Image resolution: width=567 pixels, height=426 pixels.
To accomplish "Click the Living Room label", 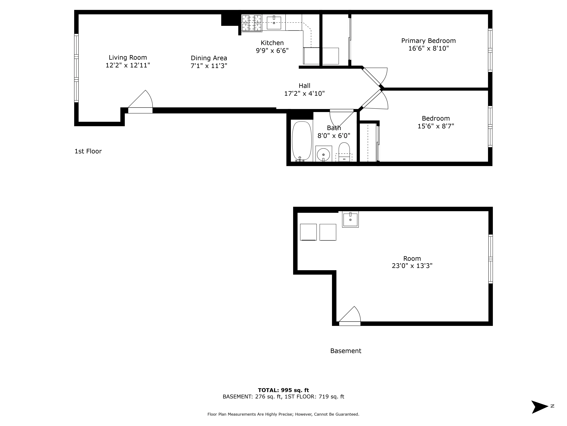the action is point(128,58).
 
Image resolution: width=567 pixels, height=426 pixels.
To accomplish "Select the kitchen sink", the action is point(274,23).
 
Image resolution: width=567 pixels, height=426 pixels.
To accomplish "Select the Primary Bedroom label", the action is point(428,41).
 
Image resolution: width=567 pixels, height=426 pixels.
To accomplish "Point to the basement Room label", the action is point(412,258).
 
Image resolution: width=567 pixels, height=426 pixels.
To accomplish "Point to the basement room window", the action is point(490,259).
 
